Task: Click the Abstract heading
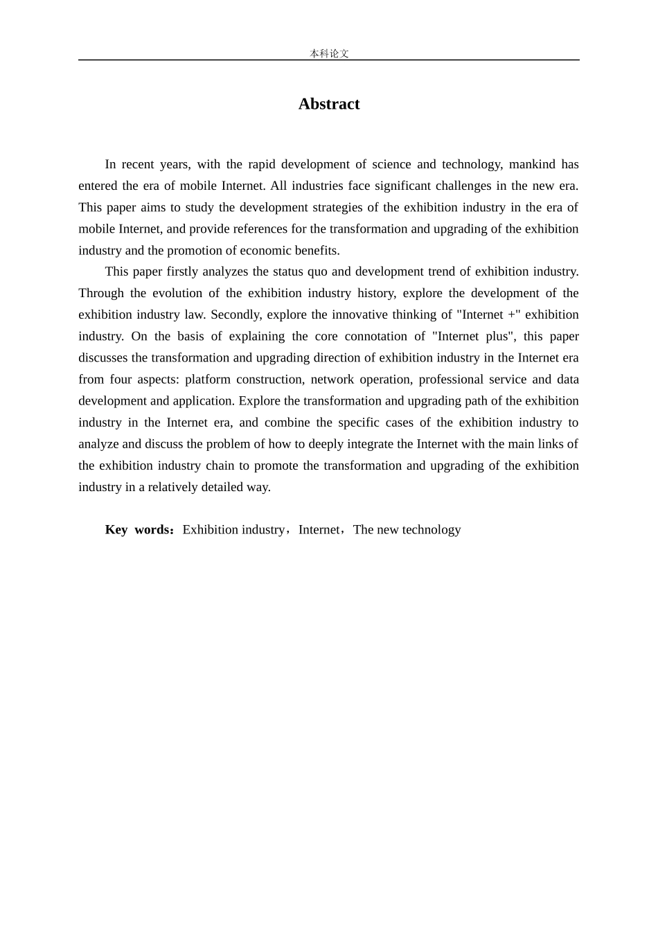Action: click(329, 104)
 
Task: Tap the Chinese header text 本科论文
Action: click(329, 53)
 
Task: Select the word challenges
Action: click(464, 186)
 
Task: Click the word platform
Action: click(207, 379)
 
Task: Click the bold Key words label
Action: click(139, 530)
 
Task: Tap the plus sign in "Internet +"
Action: click(512, 314)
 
